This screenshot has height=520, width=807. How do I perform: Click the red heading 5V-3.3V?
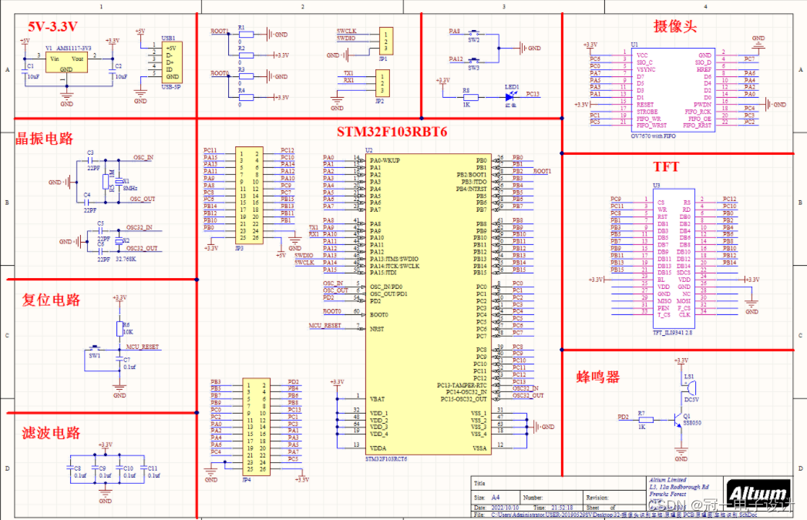click(51, 26)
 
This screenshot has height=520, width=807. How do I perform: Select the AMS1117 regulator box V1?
click(66, 62)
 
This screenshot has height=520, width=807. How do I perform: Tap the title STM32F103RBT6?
click(392, 131)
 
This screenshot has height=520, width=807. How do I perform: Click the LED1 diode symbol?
click(509, 96)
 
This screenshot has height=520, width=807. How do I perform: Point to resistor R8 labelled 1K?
click(466, 97)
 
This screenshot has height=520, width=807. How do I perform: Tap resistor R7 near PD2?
click(641, 421)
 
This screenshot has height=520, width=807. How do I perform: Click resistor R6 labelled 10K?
click(119, 329)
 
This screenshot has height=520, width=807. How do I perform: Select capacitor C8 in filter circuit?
click(76, 471)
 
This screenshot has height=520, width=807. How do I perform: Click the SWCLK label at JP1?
click(346, 31)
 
